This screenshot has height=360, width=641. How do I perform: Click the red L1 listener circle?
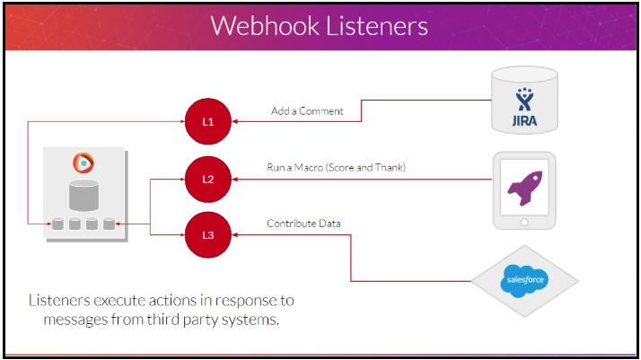point(208,121)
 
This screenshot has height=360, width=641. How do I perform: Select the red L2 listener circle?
point(208,179)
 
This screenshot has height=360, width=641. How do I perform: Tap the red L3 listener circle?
point(208,235)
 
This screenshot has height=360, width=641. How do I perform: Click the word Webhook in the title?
point(265,26)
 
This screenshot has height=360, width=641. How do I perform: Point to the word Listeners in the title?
point(377,26)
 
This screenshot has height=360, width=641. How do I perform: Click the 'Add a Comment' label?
point(307,110)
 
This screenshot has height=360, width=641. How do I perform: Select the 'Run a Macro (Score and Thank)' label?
point(336,168)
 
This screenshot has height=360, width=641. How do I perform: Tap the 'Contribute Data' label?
point(303,224)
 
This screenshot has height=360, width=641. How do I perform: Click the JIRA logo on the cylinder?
point(524,107)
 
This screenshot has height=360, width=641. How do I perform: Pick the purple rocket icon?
point(525,188)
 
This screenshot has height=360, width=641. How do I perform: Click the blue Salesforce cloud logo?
point(525,280)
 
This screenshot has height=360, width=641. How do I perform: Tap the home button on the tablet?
point(524,223)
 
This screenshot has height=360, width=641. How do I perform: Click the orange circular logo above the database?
point(83,162)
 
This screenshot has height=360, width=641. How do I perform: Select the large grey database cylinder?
point(83,196)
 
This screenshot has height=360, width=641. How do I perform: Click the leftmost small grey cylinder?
point(57,224)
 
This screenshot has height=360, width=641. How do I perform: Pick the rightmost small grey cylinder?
point(109,224)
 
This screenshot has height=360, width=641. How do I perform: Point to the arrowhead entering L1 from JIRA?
point(234,121)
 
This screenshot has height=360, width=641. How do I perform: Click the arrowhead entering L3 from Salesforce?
point(234,235)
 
